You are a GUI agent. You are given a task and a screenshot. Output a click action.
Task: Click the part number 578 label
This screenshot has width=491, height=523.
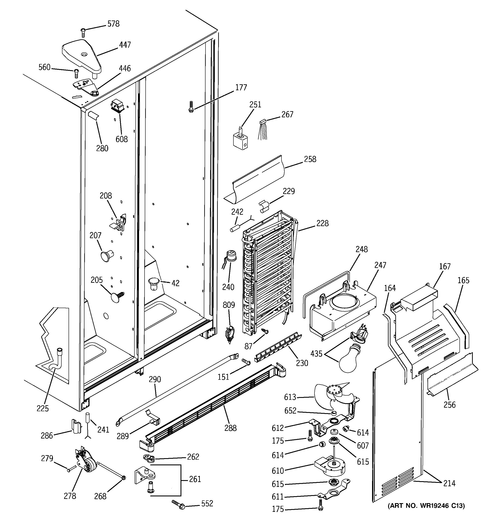[113, 24]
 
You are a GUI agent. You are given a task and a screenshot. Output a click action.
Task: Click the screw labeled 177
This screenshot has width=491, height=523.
[190, 107]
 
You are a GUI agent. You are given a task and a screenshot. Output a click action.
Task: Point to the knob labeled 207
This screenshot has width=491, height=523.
[106, 256]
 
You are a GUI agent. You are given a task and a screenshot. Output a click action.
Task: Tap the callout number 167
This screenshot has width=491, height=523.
[445, 266]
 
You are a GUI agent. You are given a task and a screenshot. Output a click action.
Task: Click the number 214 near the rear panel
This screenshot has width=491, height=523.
[449, 483]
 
